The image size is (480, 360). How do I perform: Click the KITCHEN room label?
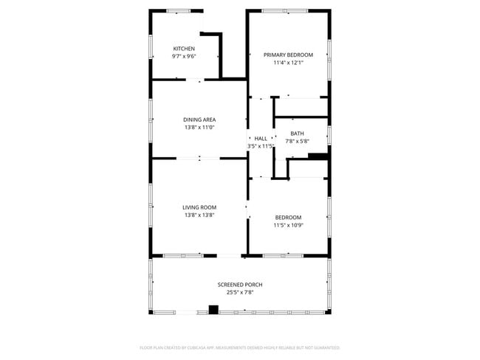tap(184, 49)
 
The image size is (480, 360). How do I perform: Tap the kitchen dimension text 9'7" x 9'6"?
tap(184, 56)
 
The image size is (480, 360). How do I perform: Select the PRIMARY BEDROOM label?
tap(289, 55)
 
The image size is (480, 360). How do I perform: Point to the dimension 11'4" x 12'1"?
tap(289, 63)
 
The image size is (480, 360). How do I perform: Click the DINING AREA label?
tap(199, 120)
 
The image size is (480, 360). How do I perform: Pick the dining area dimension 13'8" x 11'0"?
tap(199, 128)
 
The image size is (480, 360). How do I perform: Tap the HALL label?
tap(261, 138)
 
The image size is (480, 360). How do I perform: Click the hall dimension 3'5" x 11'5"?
tap(261, 146)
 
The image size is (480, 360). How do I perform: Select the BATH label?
tap(297, 134)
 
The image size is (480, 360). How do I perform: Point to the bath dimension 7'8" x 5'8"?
tap(297, 141)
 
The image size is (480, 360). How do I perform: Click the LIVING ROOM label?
tap(199, 207)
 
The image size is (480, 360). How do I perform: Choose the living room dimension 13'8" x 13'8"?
tap(199, 215)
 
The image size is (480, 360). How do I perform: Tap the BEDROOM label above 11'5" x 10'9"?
tap(288, 217)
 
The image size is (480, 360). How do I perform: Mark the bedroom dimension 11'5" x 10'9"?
tap(288, 225)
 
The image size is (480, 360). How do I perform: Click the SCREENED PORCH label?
tap(239, 285)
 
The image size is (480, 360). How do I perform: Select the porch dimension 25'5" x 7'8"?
tap(239, 293)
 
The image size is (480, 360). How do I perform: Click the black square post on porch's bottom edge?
tap(213, 310)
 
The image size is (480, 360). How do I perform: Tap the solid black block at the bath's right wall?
tap(318, 156)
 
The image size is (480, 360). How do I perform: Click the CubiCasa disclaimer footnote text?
tap(239, 347)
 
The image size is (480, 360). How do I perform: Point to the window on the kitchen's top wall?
tap(177, 10)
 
